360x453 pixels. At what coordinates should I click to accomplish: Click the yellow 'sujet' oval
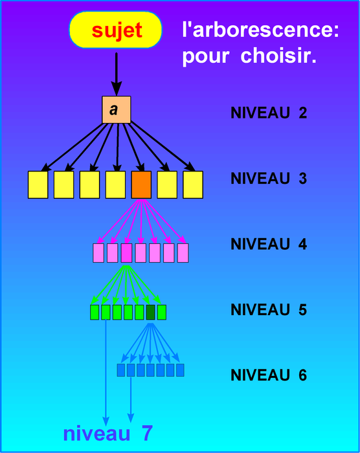(x=116, y=30)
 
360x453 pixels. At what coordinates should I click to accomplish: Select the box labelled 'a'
(x=117, y=110)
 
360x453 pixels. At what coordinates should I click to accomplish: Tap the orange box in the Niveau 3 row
(x=141, y=184)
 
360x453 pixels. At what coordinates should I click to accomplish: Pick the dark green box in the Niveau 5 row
(x=150, y=313)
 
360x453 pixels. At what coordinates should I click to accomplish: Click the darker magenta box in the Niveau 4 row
(x=126, y=253)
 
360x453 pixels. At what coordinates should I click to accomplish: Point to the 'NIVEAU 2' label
(x=269, y=113)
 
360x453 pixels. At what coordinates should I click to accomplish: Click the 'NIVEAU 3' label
(x=269, y=178)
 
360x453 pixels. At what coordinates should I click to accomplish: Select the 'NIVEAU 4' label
(x=269, y=244)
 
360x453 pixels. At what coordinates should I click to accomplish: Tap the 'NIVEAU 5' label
(x=269, y=309)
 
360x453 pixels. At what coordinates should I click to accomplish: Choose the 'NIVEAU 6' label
(x=269, y=375)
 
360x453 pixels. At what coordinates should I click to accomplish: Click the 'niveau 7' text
(x=108, y=433)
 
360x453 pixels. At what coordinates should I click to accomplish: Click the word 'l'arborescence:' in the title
(x=260, y=30)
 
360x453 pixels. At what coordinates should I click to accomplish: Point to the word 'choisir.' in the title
(x=278, y=55)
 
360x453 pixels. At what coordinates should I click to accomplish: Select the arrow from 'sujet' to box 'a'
(x=117, y=74)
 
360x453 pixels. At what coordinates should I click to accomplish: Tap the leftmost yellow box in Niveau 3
(x=38, y=184)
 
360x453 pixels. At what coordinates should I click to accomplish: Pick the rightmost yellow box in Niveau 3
(x=193, y=184)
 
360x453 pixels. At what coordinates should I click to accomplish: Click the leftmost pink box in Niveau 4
(x=98, y=253)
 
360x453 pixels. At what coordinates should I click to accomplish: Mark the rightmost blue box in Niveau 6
(x=180, y=370)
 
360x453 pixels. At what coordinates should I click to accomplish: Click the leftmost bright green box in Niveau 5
(x=95, y=313)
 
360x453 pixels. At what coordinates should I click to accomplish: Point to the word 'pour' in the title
(x=206, y=56)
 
